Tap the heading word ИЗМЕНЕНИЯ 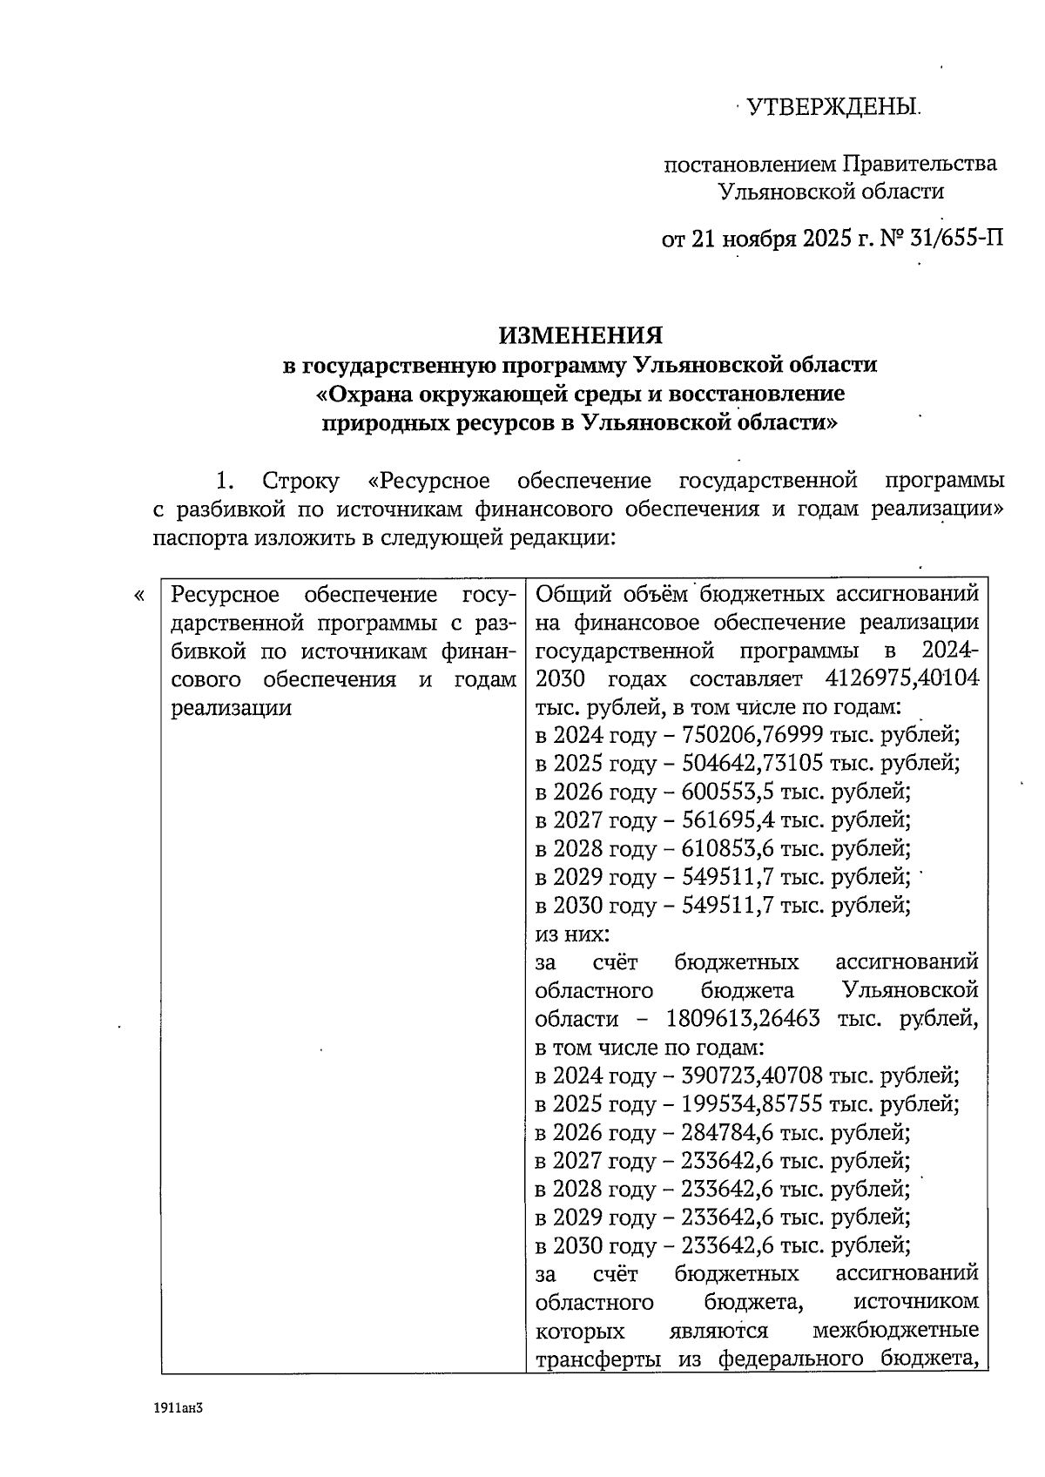pyautogui.click(x=580, y=335)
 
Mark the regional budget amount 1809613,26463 pyautogui.click(x=743, y=1019)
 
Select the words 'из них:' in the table pyautogui.click(x=572, y=934)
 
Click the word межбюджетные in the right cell pyautogui.click(x=894, y=1332)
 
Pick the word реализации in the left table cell pyautogui.click(x=231, y=708)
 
